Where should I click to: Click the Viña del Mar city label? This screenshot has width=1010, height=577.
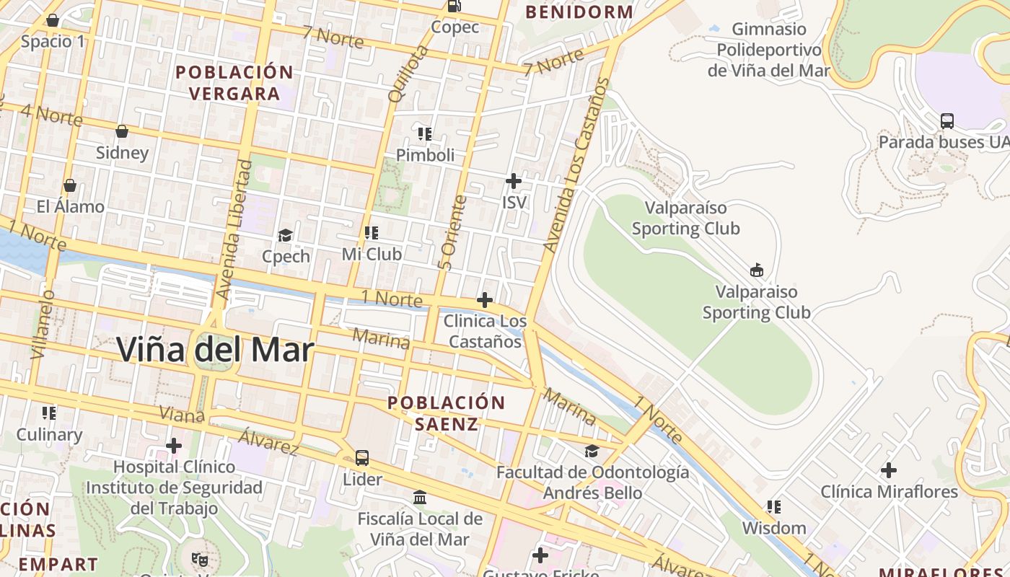pos(215,351)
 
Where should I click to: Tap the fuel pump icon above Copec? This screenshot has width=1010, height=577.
pos(454,6)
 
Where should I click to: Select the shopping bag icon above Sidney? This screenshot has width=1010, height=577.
pos(122,131)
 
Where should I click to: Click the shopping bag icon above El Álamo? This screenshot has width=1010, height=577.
pos(70,185)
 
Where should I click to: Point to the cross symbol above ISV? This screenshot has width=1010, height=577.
pos(514,181)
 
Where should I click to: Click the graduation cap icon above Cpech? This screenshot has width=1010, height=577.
pos(286,236)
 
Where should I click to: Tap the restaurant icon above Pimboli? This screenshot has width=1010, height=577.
pos(425,133)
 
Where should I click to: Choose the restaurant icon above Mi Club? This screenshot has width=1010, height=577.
pos(372,233)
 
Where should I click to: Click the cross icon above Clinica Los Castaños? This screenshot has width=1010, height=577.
pos(485,299)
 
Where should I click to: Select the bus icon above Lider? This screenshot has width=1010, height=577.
pos(362,457)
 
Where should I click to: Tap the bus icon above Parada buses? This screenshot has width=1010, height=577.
pos(947,120)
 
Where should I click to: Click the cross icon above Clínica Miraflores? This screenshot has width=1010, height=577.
pos(889,470)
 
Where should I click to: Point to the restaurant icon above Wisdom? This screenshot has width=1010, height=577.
pos(774,507)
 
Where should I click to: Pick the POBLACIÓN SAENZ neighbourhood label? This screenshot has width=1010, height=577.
pos(446,413)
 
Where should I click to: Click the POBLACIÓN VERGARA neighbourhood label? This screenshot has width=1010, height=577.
pos(234,83)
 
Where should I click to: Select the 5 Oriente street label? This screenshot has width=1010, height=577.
pos(452,233)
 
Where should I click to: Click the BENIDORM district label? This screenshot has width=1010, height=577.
pos(579,12)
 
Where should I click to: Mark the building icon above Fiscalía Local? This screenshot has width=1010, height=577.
pos(420,498)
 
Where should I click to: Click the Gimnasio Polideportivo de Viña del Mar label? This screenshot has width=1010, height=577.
pos(768,50)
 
